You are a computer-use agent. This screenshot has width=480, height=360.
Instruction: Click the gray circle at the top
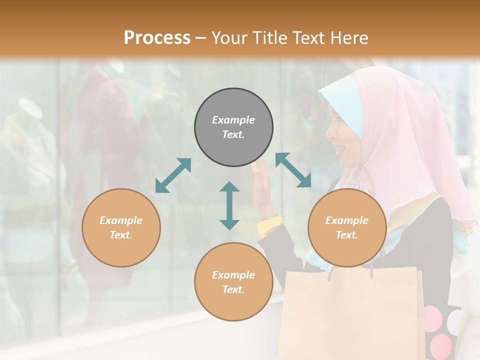(233, 127)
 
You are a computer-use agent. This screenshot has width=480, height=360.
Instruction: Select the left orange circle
(121, 227)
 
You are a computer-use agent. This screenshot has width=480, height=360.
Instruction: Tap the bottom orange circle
(233, 282)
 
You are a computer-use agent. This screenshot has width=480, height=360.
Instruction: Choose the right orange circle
(347, 227)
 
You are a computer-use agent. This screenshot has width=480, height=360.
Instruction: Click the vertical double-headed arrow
(229, 205)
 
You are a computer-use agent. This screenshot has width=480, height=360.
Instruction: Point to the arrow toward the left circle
(173, 175)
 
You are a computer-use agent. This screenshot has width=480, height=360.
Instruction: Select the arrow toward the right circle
(293, 170)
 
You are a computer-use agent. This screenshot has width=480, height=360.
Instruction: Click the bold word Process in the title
(157, 38)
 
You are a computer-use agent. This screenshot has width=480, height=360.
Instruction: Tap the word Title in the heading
(270, 38)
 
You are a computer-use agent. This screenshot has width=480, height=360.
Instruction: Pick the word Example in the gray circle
(233, 120)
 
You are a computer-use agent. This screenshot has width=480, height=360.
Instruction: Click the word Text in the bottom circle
(232, 289)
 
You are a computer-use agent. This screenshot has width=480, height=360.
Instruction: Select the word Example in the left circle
(121, 220)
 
